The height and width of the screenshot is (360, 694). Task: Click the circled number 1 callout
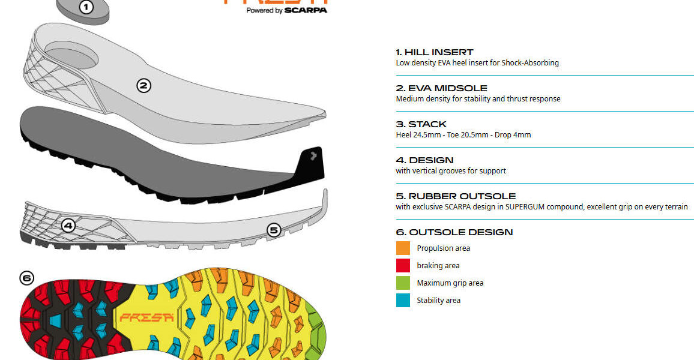[x=86, y=7]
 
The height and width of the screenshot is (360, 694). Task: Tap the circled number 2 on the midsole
[x=143, y=86]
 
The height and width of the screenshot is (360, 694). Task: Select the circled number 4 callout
[x=68, y=226]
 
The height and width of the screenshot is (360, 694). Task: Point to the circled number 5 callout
[x=274, y=229]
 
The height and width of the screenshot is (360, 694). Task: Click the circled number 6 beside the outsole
[x=26, y=278]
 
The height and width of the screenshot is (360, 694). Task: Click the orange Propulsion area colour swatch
[x=403, y=248]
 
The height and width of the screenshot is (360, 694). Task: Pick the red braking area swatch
[x=403, y=266]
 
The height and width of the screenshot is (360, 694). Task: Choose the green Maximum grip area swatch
[x=403, y=283]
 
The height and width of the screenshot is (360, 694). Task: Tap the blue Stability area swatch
[x=403, y=301]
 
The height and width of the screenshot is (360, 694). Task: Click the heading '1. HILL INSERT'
[x=435, y=52]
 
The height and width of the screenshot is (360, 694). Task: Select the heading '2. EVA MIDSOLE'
[x=441, y=88]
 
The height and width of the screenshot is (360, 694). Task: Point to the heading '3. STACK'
[x=421, y=124]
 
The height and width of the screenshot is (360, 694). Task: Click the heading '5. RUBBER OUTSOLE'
[x=456, y=196]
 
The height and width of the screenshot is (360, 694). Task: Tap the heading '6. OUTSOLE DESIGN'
[x=454, y=232]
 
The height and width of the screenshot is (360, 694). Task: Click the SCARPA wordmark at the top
[x=306, y=10]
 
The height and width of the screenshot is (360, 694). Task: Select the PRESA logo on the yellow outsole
[x=146, y=317]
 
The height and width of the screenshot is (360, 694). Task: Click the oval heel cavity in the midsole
[x=72, y=55]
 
